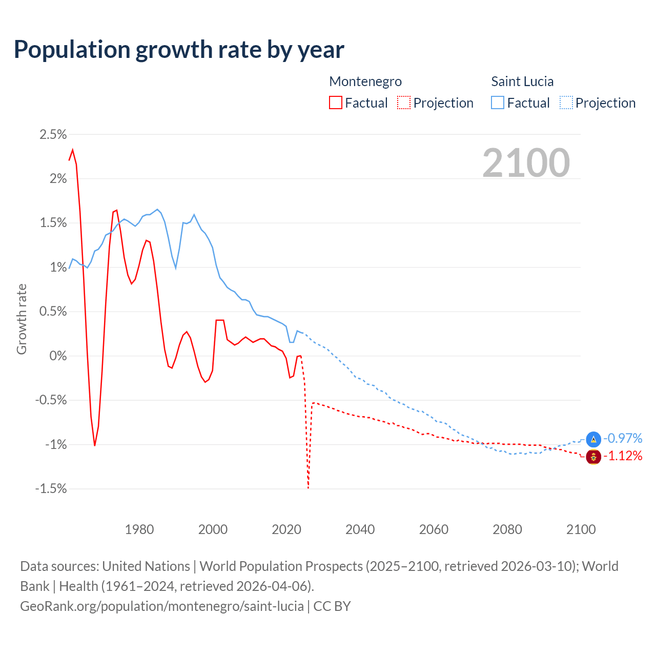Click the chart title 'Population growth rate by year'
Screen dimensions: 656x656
click(x=179, y=50)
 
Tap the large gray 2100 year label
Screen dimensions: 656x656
click(x=526, y=163)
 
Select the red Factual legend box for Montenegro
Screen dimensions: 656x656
click(x=336, y=103)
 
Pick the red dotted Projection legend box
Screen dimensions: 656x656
click(x=404, y=103)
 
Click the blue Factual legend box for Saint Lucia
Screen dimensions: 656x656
click(x=498, y=103)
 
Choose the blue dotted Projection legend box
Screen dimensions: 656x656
click(x=566, y=103)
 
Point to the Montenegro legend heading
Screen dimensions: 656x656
click(x=365, y=81)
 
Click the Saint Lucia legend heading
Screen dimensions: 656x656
click(x=522, y=81)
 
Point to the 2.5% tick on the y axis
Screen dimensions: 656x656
click(x=53, y=135)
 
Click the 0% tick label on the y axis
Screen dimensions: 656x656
click(x=58, y=356)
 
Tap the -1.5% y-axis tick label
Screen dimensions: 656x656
click(x=51, y=489)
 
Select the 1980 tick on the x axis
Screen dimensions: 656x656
click(x=139, y=529)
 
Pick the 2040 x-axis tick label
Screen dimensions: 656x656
click(x=360, y=529)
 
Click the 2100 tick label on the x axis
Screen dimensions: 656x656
click(x=581, y=529)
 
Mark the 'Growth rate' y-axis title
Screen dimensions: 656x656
click(x=22, y=319)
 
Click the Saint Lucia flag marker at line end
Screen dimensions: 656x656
click(x=593, y=439)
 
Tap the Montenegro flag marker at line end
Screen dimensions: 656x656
click(x=593, y=457)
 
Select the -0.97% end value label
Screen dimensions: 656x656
click(x=623, y=439)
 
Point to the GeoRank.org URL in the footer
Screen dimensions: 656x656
click(x=162, y=606)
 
